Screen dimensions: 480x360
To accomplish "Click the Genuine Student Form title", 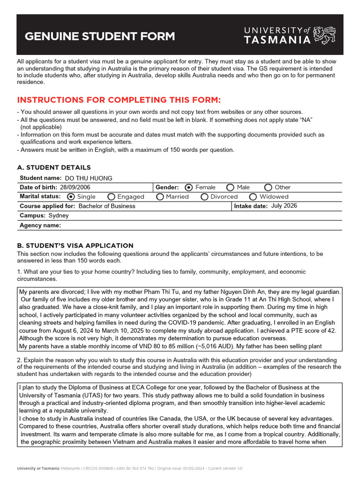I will point(99,37).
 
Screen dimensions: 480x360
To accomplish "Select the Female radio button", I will point(188,187).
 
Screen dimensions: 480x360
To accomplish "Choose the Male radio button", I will point(230,187).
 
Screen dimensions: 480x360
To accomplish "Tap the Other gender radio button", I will point(268,187).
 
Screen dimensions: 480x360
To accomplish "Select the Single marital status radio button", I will point(71,197).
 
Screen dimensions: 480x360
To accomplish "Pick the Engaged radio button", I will point(111,197).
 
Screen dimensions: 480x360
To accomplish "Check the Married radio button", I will point(160,197).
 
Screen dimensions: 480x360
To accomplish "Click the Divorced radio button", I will point(204,197).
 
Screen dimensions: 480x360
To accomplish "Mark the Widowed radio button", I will point(253,197).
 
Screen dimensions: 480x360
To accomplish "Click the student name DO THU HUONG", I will point(89,178).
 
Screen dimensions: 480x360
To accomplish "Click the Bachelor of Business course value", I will point(107,206).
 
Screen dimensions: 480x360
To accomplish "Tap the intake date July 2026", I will point(284,206).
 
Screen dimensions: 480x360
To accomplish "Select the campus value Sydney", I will point(59,216).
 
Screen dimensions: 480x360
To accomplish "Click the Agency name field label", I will point(40,225).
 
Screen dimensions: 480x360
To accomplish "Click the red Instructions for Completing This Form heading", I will point(119,100).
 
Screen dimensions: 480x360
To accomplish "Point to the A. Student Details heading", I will point(54,167).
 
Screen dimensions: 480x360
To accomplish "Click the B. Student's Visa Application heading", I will point(75,246).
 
